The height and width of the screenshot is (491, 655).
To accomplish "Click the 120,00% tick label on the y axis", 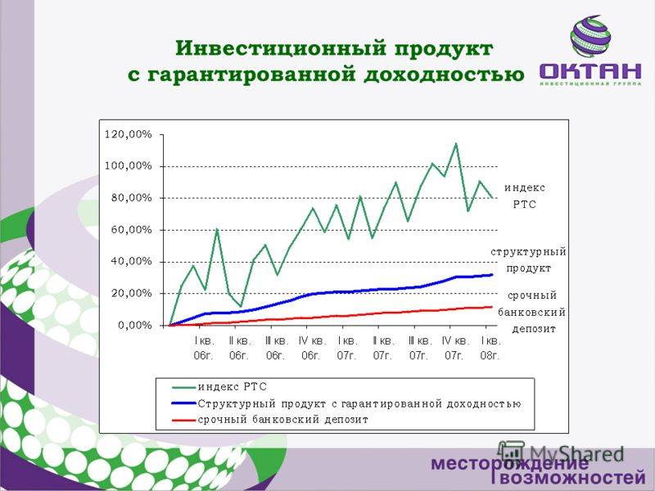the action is (x=129, y=134).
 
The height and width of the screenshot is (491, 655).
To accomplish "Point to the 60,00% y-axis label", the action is (x=131, y=230).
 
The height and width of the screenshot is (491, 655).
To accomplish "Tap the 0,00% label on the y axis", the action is (x=135, y=325).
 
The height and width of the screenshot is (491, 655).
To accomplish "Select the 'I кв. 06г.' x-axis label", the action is (x=203, y=349).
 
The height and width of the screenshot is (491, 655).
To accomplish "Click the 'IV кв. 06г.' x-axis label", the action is (x=311, y=349).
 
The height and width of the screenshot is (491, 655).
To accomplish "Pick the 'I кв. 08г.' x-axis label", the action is (x=490, y=349).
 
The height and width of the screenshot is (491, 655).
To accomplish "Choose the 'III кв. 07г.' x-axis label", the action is (x=418, y=349).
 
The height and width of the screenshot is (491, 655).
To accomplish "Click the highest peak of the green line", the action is (x=456, y=144).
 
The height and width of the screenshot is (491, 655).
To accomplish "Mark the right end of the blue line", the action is (x=492, y=275).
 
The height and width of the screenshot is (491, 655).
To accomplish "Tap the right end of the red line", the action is (x=492, y=307).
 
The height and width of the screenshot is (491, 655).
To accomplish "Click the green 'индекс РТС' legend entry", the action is (x=219, y=387).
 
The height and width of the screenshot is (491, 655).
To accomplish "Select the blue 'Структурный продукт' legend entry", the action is (x=346, y=403).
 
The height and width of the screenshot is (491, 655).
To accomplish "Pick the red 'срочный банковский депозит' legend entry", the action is (x=270, y=420).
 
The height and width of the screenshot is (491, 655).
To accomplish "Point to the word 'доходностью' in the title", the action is (x=444, y=75).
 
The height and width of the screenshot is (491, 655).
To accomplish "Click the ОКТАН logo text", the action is (x=590, y=71).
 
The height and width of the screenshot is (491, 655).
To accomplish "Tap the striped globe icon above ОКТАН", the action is (x=590, y=36).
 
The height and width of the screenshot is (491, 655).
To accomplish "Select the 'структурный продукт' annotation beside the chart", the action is (x=528, y=260).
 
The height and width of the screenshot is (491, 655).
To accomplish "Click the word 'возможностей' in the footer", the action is (x=572, y=477).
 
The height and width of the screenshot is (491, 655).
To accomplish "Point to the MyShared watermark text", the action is (x=561, y=453).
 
